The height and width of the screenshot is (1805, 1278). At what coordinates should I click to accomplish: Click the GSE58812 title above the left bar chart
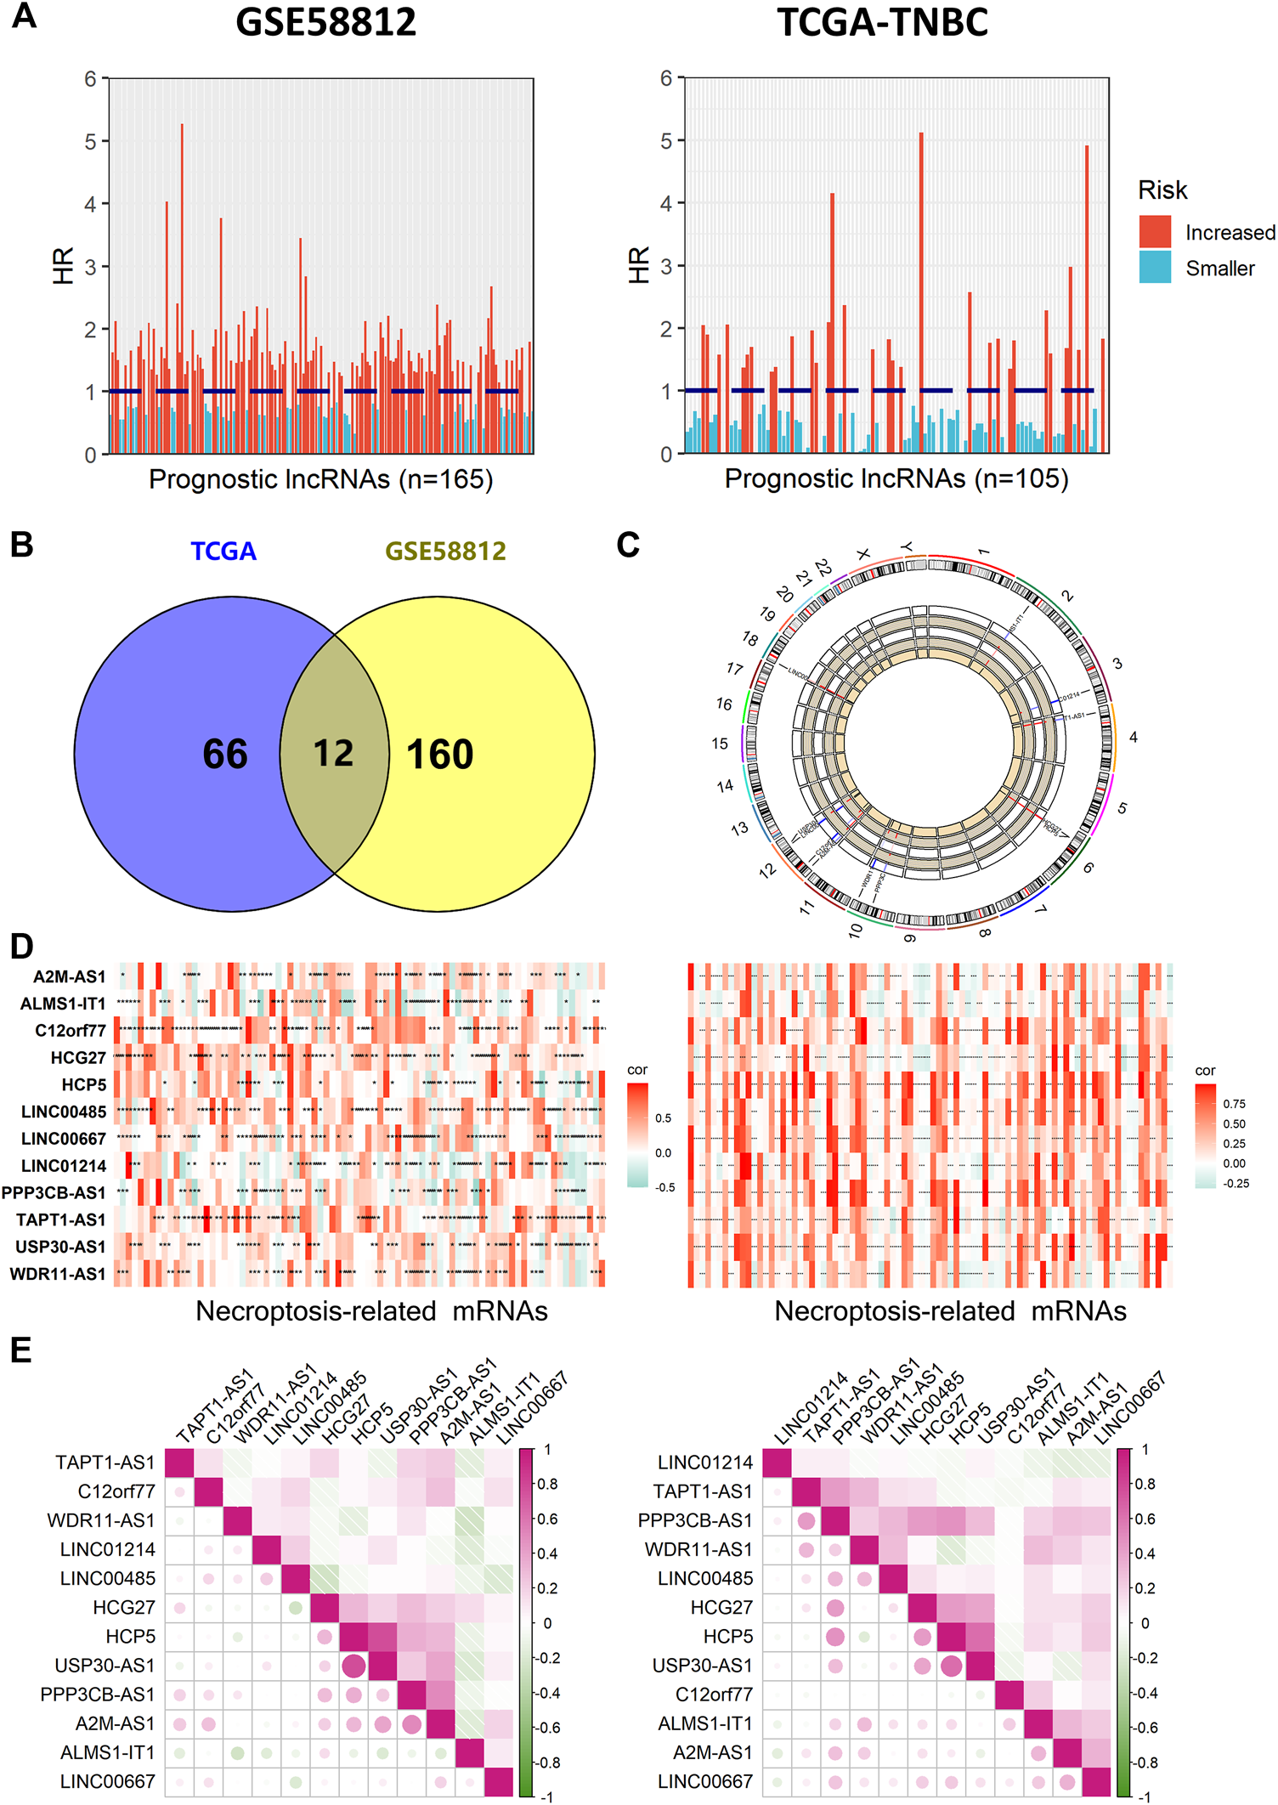[x=325, y=22]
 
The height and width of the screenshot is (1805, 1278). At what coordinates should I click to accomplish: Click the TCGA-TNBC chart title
[x=883, y=22]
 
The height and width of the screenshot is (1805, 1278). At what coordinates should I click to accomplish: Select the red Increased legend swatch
[x=1155, y=232]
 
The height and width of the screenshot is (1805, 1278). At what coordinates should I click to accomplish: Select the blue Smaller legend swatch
[x=1155, y=268]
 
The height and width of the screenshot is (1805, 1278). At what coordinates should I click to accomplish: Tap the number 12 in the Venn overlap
[x=333, y=753]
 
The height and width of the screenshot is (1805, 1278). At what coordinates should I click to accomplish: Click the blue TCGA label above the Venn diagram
[x=223, y=552]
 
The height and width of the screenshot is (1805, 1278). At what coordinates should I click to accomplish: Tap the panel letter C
[x=628, y=545]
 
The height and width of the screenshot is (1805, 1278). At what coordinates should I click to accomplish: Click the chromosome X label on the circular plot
[x=863, y=554]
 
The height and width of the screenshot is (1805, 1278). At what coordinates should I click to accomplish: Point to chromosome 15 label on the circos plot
[x=720, y=744]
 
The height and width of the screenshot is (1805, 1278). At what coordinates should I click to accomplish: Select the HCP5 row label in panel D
[x=83, y=1084]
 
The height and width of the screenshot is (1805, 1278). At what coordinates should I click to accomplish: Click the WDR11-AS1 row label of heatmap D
[x=58, y=1274]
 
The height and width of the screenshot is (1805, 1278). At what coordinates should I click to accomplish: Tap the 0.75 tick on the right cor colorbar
[x=1234, y=1104]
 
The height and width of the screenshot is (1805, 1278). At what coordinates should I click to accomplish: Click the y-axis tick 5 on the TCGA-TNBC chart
[x=666, y=141]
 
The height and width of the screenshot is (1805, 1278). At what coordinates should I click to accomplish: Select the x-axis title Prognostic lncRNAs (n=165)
[x=320, y=479]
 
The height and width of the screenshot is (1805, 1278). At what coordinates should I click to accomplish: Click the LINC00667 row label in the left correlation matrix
[x=107, y=1781]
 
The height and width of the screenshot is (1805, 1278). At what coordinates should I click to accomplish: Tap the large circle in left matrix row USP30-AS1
[x=353, y=1666]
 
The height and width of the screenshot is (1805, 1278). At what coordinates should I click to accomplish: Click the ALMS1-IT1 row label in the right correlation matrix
[x=705, y=1723]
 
